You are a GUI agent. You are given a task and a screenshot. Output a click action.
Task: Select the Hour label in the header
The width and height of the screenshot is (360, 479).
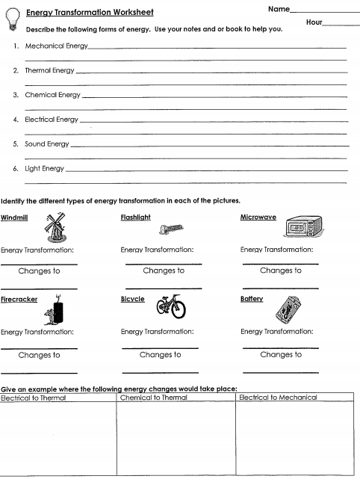click(314, 23)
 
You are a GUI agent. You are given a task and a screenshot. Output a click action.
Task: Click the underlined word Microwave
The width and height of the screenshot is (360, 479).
click(258, 217)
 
